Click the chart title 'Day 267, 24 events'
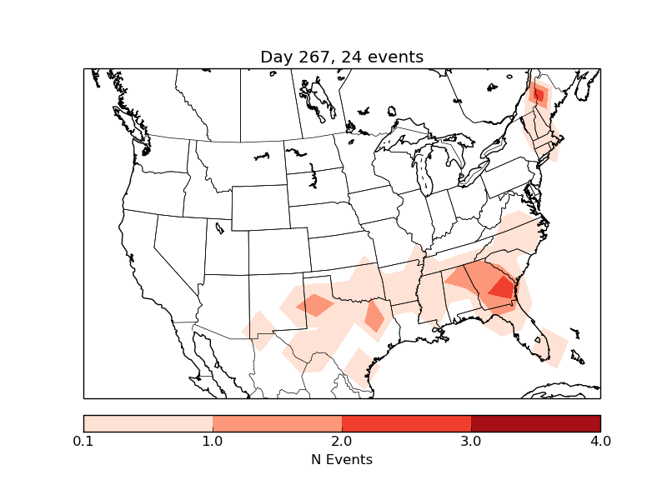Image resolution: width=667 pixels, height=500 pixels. tap(342, 57)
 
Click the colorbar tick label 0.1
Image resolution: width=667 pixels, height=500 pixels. tap(83, 441)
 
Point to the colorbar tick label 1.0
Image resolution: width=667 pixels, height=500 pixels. tap(213, 441)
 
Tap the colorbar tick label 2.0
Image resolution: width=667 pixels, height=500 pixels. tap(342, 441)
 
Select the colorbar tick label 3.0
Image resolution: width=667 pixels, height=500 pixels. tap(471, 441)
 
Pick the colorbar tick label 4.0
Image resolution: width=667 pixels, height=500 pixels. tap(600, 441)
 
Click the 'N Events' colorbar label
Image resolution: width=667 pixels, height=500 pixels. tap(342, 459)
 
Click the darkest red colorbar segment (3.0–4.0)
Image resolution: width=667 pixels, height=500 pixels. tap(535, 423)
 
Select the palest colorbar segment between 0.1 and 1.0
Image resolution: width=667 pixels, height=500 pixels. tap(148, 423)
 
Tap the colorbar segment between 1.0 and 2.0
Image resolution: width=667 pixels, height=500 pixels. tap(277, 423)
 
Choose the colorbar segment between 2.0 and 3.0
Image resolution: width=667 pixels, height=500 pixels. tap(406, 423)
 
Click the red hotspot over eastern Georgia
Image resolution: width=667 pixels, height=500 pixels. tap(503, 288)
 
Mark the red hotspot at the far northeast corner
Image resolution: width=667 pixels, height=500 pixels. tap(539, 95)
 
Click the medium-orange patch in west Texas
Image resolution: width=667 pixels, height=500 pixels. tap(314, 305)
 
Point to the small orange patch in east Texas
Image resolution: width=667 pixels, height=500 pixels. tap(374, 317)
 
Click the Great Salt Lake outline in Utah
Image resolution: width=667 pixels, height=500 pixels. tap(219, 227)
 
